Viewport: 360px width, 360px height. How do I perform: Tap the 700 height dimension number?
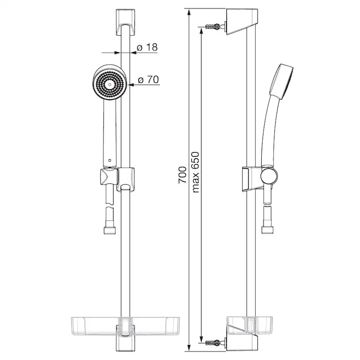pyautogui.click(x=182, y=174)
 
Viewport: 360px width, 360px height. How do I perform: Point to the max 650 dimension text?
pyautogui.click(x=195, y=172)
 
